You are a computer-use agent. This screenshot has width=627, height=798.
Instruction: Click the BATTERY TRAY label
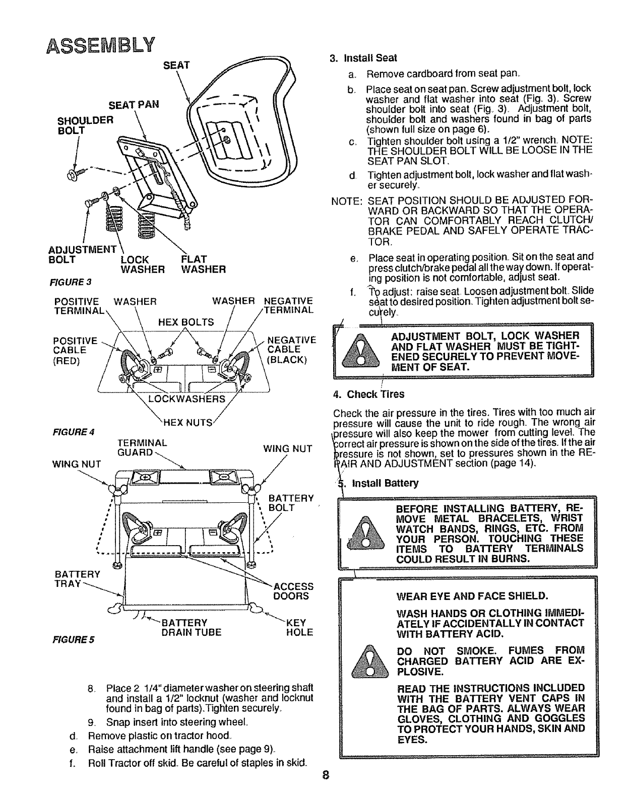click(x=76, y=579)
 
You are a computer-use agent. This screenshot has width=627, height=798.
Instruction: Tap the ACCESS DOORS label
click(x=293, y=591)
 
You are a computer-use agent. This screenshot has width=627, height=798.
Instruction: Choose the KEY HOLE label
click(x=299, y=627)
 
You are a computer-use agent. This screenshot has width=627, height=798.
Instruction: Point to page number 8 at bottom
click(x=327, y=787)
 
